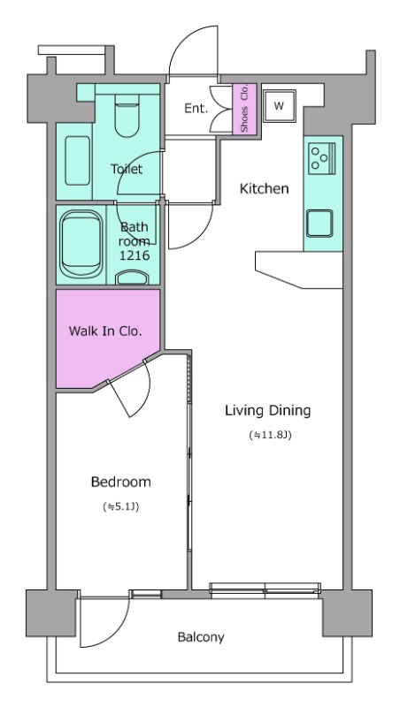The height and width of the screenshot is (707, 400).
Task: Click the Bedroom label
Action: point(121,482)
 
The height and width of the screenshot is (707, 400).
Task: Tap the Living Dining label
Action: point(268,411)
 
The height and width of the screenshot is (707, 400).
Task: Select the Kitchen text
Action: point(264,188)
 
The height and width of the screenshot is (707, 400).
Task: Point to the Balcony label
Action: point(201,637)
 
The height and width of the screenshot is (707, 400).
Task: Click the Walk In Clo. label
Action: point(105,331)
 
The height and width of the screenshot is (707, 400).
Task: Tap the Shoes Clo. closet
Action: point(245,109)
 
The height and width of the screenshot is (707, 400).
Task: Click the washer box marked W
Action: point(280,106)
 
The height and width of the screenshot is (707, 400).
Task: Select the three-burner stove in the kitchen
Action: point(322,158)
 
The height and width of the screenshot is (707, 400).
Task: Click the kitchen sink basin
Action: point(319,224)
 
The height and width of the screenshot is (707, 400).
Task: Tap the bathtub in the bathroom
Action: point(81,245)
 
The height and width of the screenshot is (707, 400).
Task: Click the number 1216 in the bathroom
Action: point(135,255)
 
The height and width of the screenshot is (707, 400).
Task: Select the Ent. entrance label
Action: point(196,108)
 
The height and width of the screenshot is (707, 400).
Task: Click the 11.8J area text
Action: point(269,436)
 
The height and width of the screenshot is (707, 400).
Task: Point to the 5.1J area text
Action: point(121,506)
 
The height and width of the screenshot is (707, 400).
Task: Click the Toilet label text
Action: point(127,169)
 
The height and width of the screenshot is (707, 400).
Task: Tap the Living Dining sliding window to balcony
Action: point(265,590)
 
